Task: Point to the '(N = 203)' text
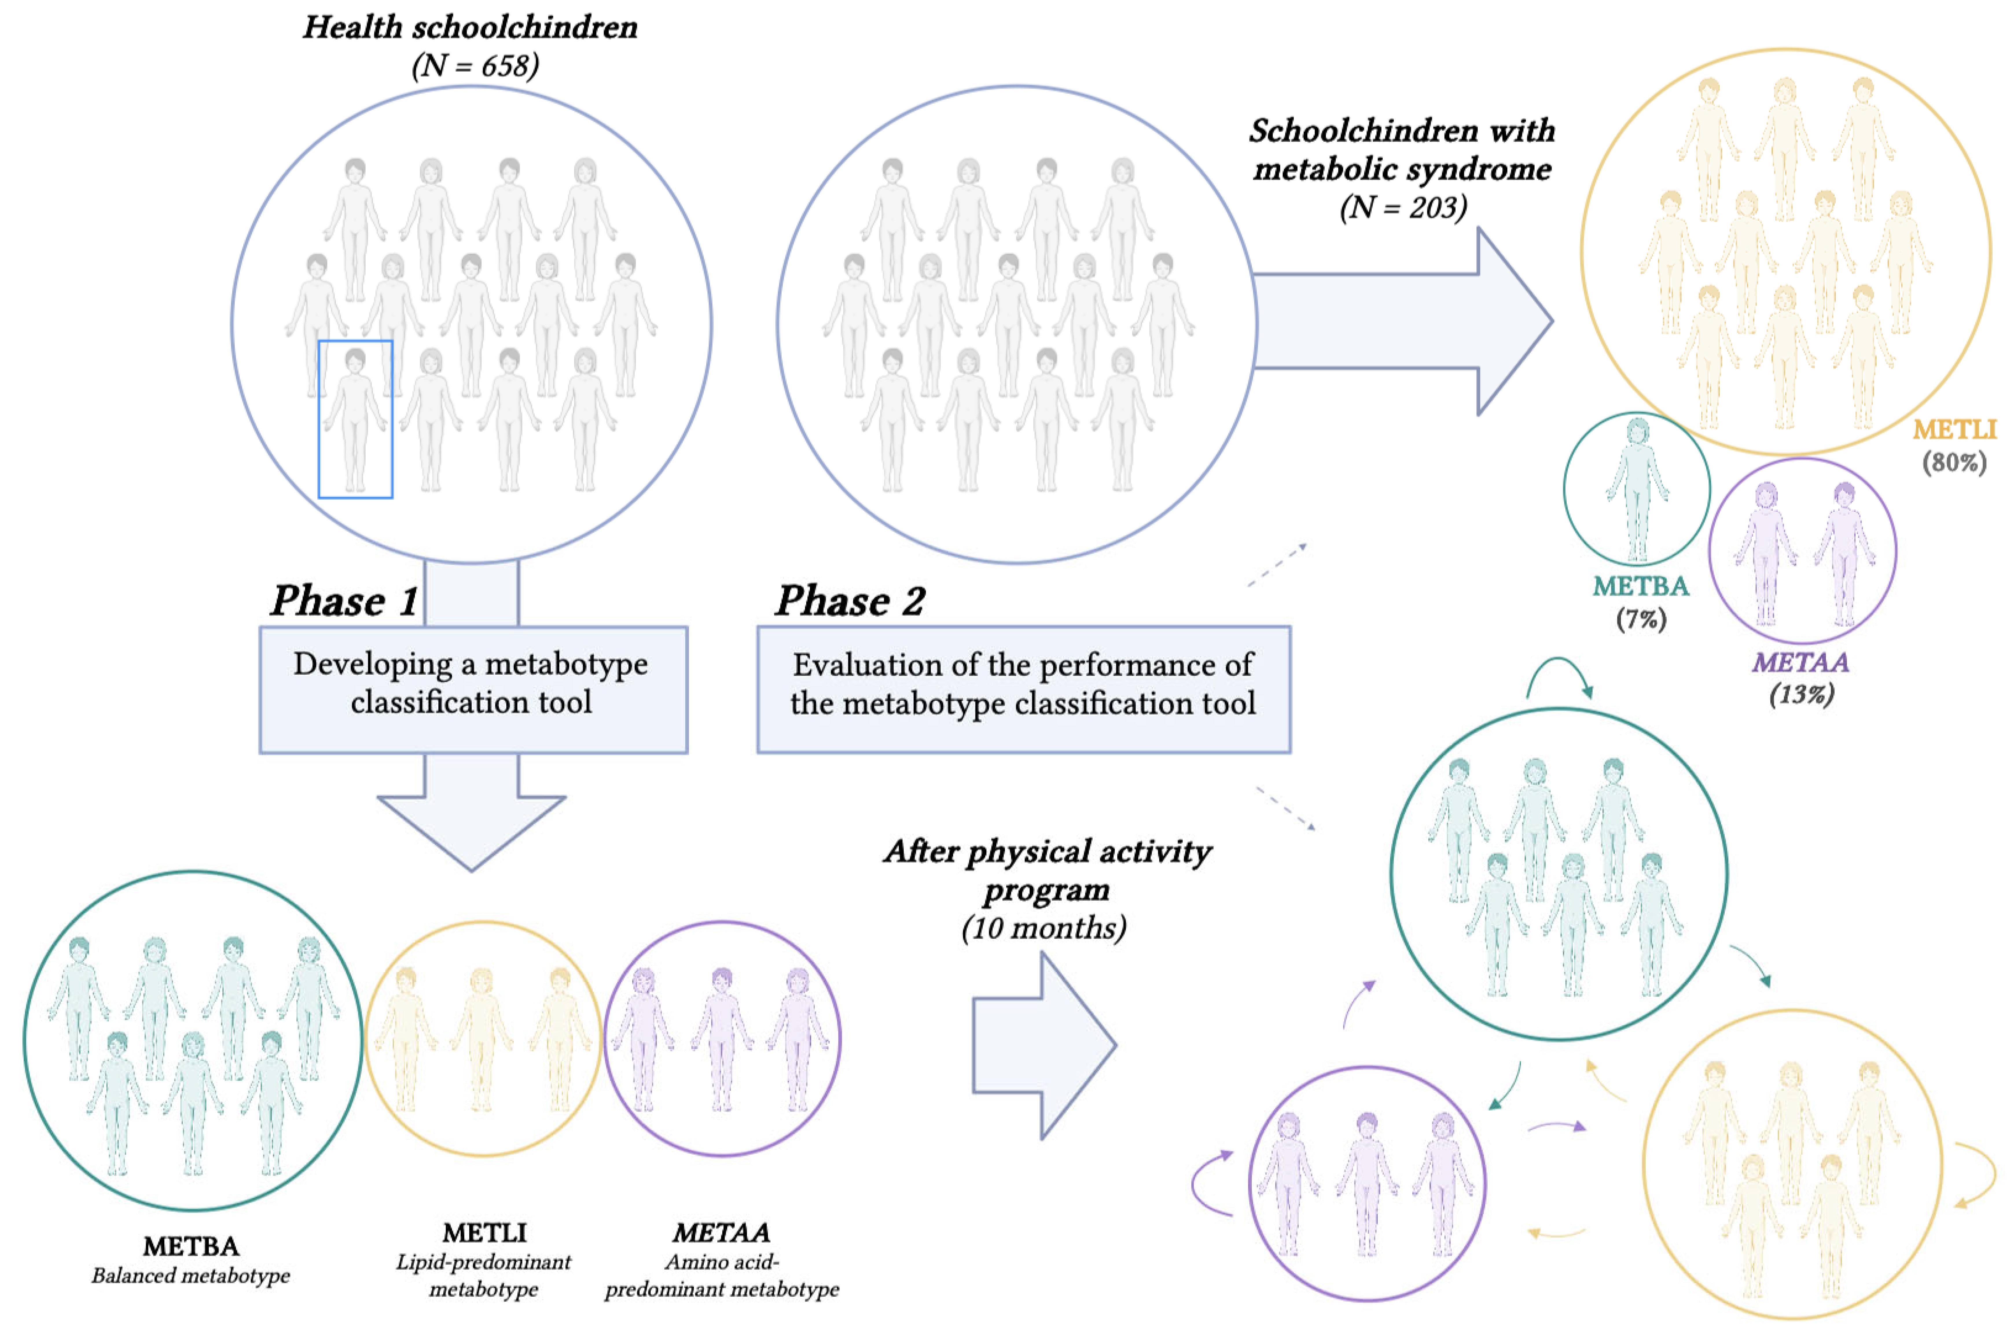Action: pos(1403,207)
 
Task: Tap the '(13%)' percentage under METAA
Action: pos(1801,694)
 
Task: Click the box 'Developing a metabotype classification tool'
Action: pos(473,690)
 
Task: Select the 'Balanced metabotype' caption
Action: pos(191,1276)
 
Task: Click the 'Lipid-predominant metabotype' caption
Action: pos(483,1275)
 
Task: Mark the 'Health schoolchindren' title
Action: pos(470,27)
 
